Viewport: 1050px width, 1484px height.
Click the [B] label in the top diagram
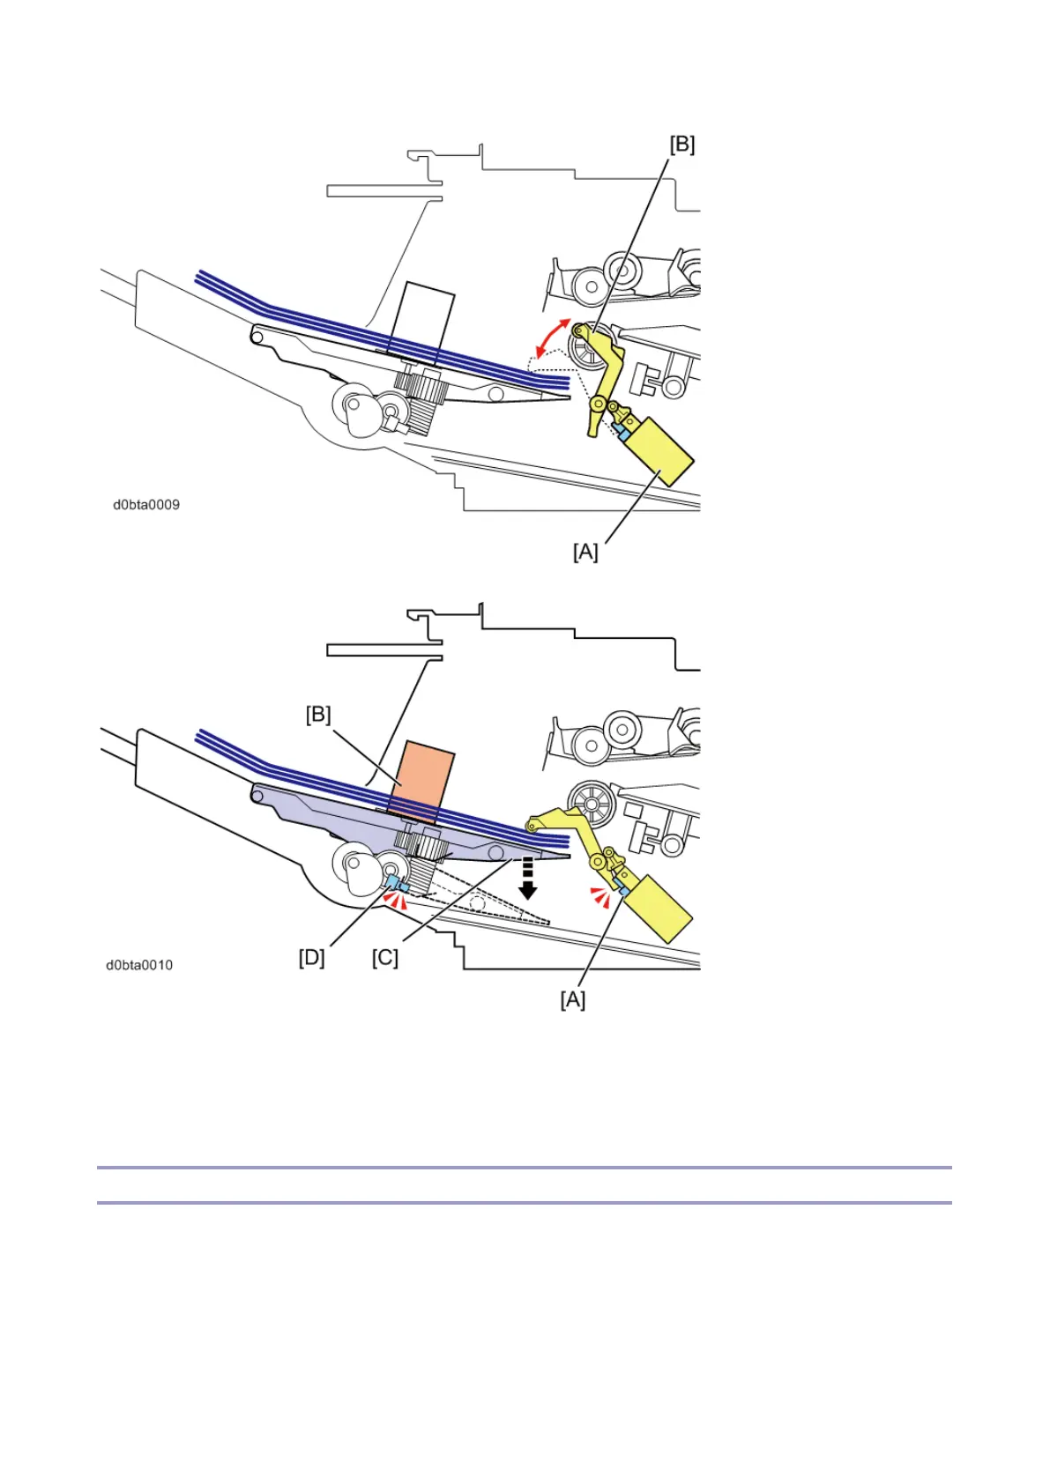tap(682, 145)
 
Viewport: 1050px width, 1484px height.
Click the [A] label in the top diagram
tap(585, 553)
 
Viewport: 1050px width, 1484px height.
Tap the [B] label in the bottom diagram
tap(318, 715)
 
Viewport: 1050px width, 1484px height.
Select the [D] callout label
tap(311, 957)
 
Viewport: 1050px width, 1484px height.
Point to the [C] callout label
tap(385, 957)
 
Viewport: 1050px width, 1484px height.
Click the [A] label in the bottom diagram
tap(573, 1000)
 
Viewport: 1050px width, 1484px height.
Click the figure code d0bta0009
tap(146, 505)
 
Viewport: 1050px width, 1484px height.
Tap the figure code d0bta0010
tap(139, 965)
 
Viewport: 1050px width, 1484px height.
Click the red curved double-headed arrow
tap(555, 338)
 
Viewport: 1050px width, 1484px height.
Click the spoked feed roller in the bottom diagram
tap(590, 804)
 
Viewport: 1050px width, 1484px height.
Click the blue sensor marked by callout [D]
tap(393, 881)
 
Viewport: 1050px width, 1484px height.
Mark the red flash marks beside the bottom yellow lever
tap(600, 897)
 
